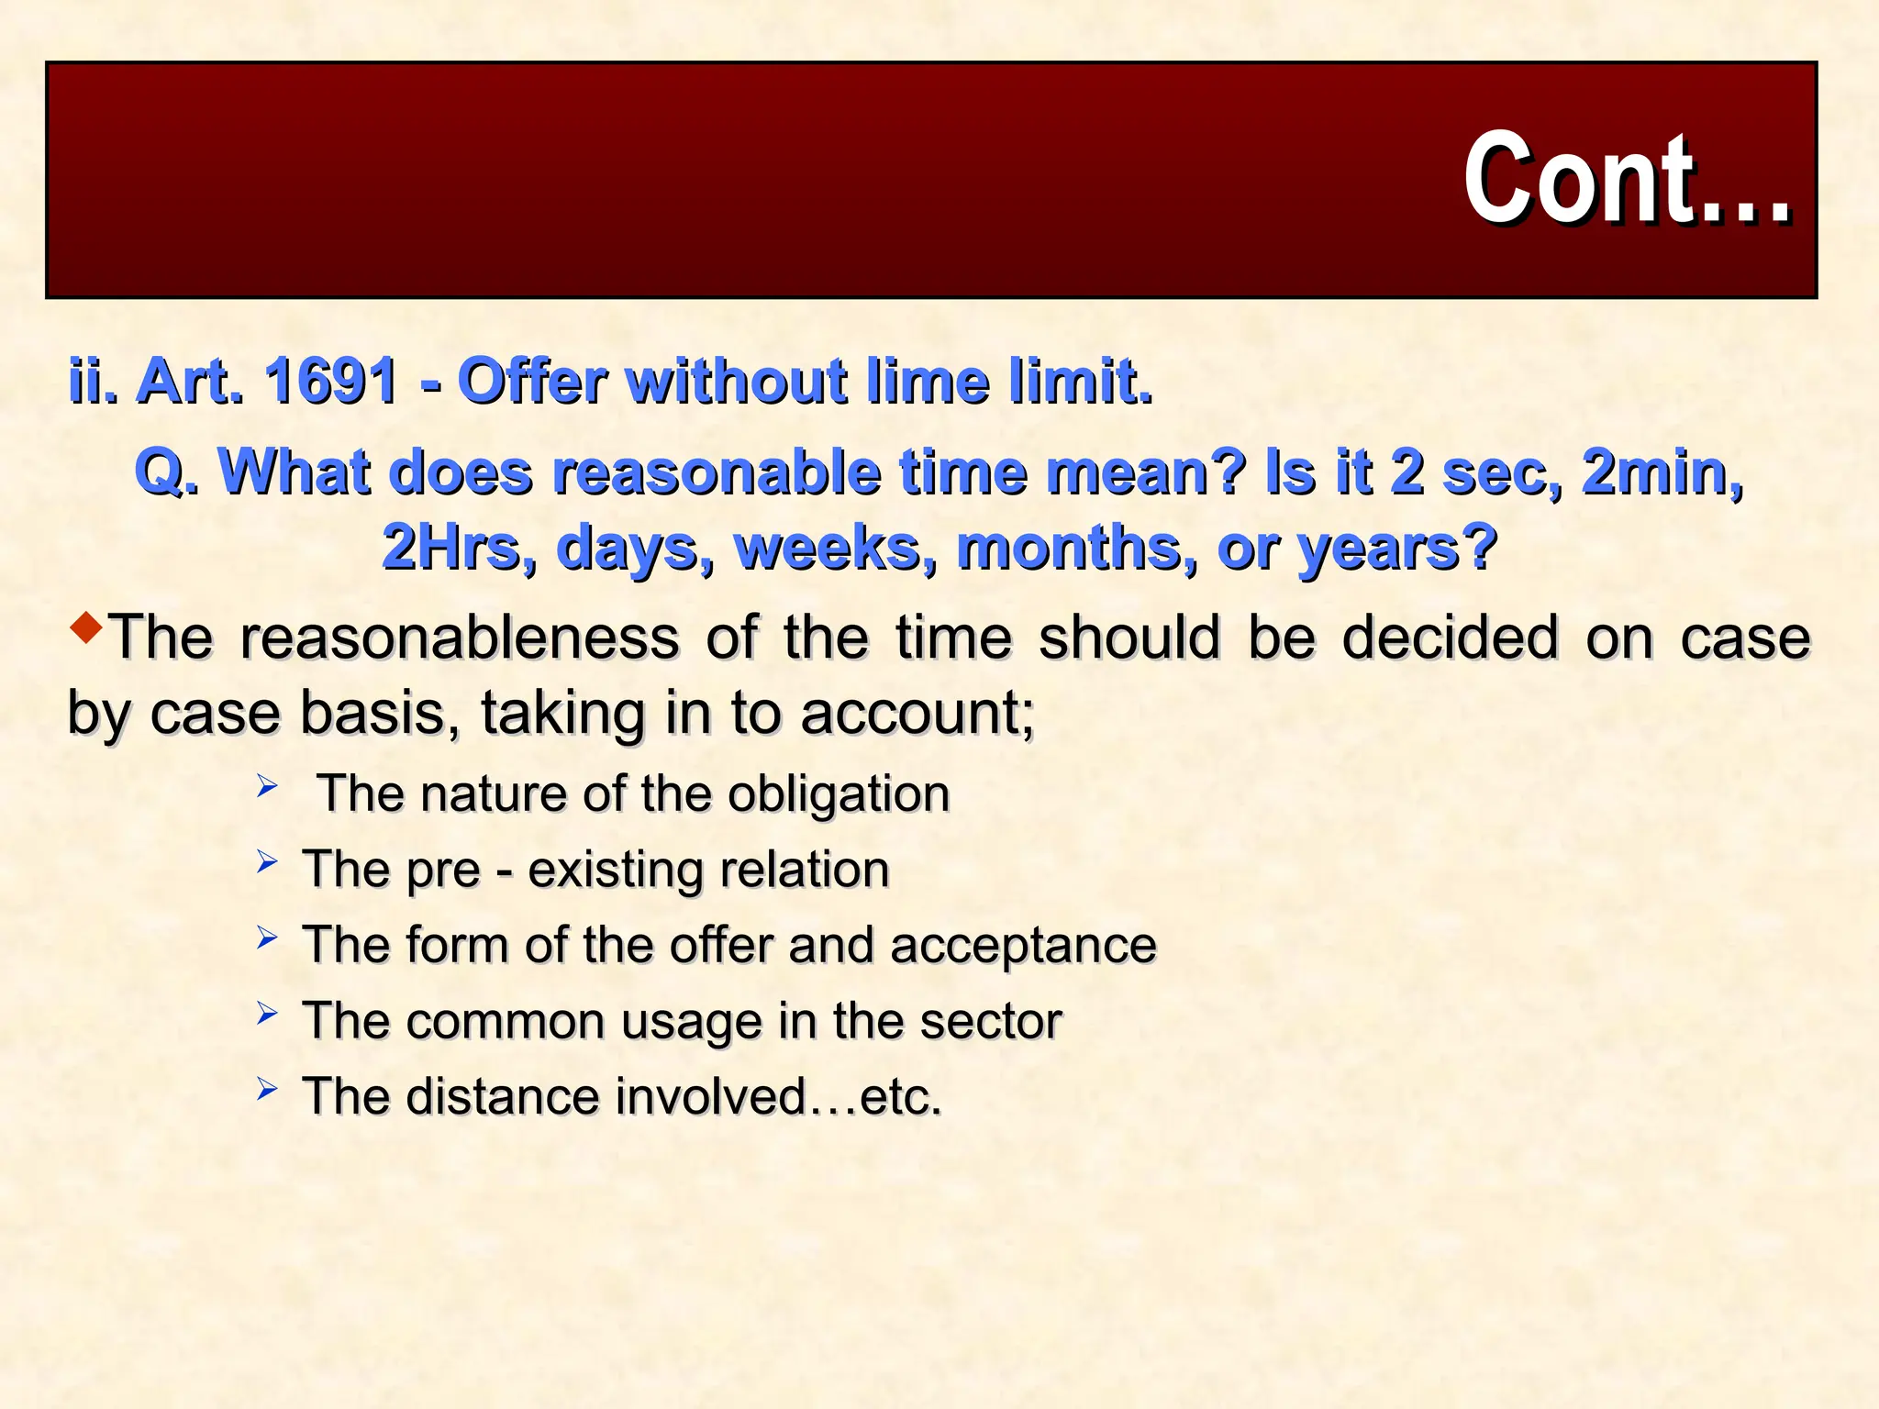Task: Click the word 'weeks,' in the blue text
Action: point(836,549)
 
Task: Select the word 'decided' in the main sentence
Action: point(1450,638)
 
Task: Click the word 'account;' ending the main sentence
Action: point(917,713)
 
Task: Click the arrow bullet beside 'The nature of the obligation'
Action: point(267,786)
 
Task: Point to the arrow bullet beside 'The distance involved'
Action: point(267,1089)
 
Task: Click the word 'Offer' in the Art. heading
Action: point(532,381)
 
